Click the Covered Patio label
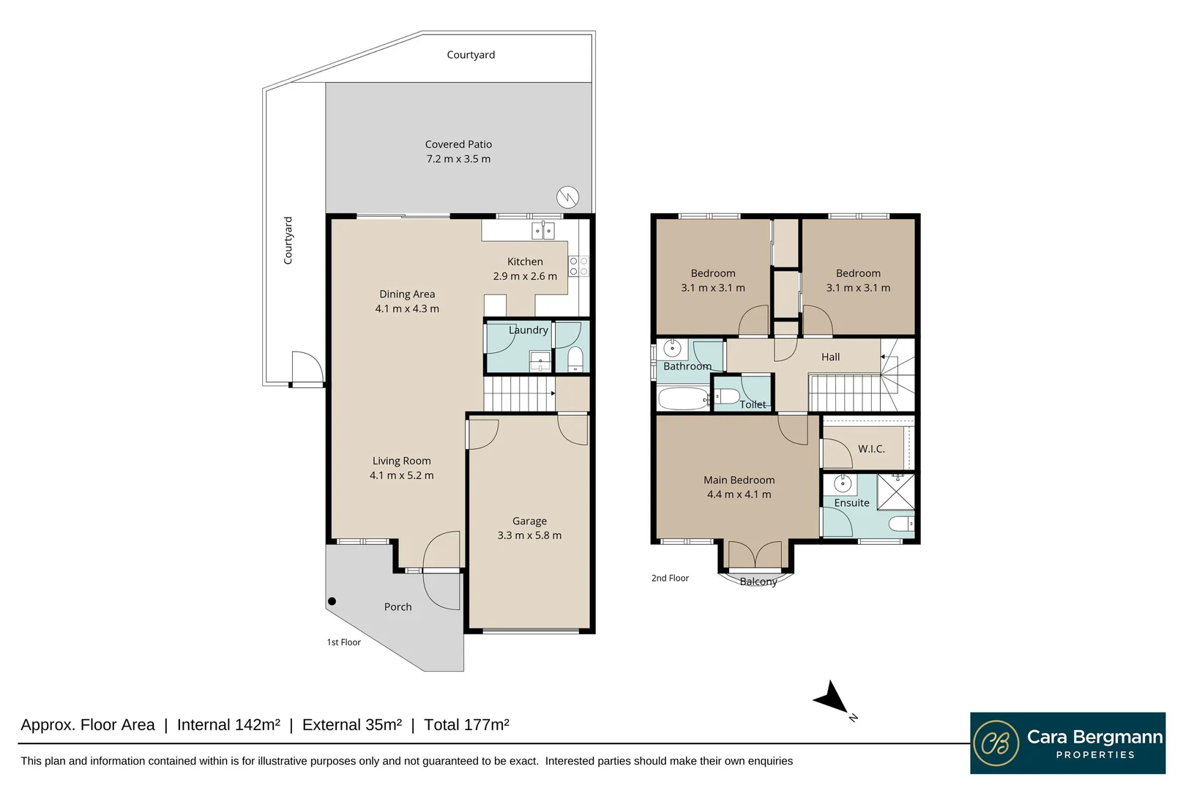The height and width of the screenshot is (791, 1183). (458, 144)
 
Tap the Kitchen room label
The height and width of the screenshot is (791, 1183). (525, 261)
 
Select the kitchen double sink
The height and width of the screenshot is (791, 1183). (543, 231)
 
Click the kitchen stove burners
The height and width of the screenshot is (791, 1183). (578, 267)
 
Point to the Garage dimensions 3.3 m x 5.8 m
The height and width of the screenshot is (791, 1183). (529, 535)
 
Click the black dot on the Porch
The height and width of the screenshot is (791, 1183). (332, 601)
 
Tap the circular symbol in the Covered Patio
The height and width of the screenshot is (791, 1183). (568, 198)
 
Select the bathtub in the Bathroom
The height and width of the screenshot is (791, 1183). (684, 399)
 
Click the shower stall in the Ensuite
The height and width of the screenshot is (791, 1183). (896, 492)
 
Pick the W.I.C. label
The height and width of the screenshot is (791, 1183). (871, 449)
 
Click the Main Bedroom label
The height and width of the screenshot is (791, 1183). (739, 480)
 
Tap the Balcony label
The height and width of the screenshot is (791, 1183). (758, 582)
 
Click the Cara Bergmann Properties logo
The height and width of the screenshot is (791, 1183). (1067, 743)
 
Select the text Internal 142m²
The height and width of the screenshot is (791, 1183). (228, 725)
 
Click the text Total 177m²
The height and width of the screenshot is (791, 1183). (466, 725)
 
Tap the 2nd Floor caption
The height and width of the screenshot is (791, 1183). (670, 578)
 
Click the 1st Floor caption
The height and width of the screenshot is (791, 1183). (344, 642)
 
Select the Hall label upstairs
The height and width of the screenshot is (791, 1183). (830, 357)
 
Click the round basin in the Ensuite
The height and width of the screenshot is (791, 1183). (843, 483)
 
